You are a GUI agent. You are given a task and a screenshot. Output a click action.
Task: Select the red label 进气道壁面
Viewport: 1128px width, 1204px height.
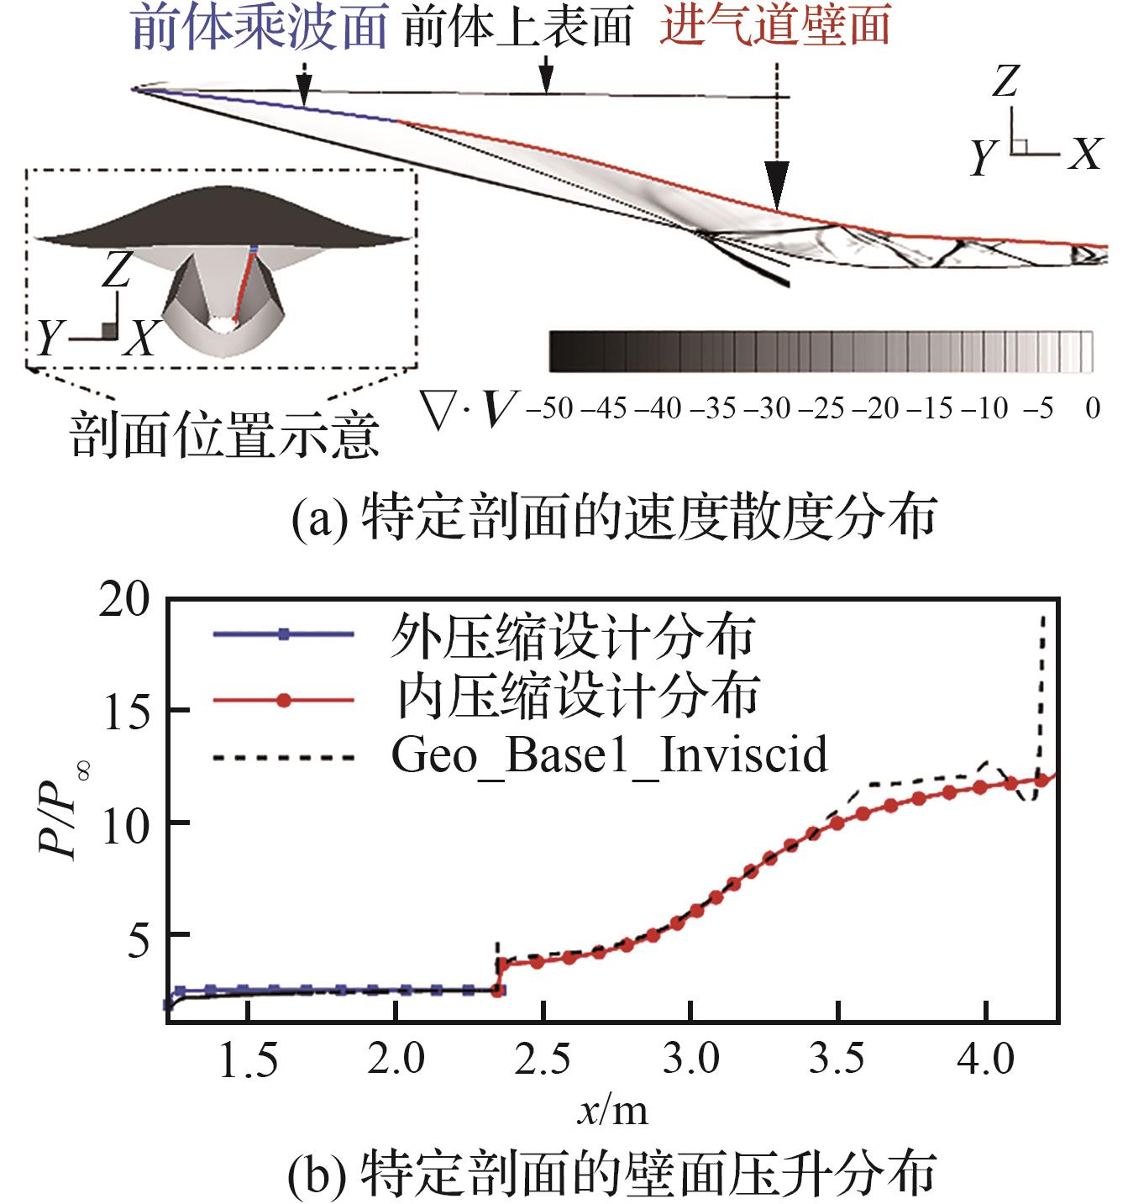(774, 27)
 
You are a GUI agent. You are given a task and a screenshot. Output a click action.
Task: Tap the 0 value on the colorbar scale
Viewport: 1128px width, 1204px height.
(1092, 409)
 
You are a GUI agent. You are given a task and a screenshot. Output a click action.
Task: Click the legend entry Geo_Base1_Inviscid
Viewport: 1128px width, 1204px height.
(609, 754)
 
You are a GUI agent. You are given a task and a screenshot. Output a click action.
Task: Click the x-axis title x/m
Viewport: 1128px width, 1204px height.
(612, 1111)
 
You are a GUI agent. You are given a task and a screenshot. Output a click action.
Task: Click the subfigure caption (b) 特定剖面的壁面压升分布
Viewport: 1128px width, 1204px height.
(612, 1175)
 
